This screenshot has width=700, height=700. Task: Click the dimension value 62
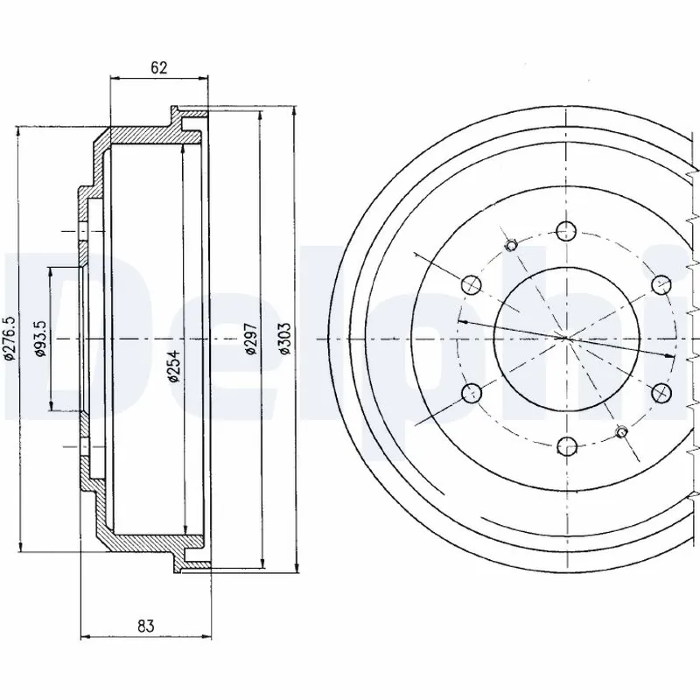(x=157, y=66)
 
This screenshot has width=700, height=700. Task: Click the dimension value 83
(x=145, y=625)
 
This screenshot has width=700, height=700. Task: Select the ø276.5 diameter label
(x=10, y=338)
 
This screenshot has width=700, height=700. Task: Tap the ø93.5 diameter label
(x=39, y=338)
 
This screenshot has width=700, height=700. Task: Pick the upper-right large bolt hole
(x=661, y=284)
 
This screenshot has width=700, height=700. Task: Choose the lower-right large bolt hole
(x=661, y=392)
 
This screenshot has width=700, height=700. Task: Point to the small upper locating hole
(x=513, y=243)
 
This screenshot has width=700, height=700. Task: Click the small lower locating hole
(x=621, y=431)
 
